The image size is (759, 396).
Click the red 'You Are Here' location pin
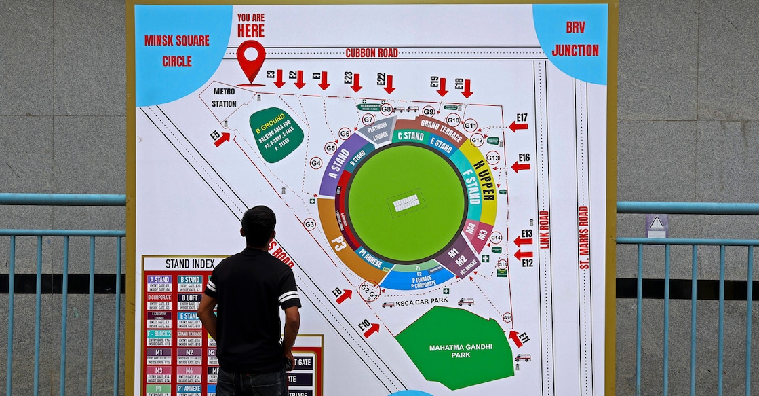(251, 58)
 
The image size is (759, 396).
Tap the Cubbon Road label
(372, 52)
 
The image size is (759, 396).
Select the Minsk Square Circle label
(176, 50)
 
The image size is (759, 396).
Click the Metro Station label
(224, 98)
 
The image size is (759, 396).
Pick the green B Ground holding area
(275, 134)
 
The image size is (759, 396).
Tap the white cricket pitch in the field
(406, 202)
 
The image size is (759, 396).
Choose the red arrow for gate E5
(222, 139)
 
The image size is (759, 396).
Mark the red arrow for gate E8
(344, 295)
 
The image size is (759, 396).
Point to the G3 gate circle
(309, 224)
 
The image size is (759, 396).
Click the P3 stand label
(338, 242)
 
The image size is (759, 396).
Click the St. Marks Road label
(584, 238)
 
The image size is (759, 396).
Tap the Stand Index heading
(186, 264)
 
